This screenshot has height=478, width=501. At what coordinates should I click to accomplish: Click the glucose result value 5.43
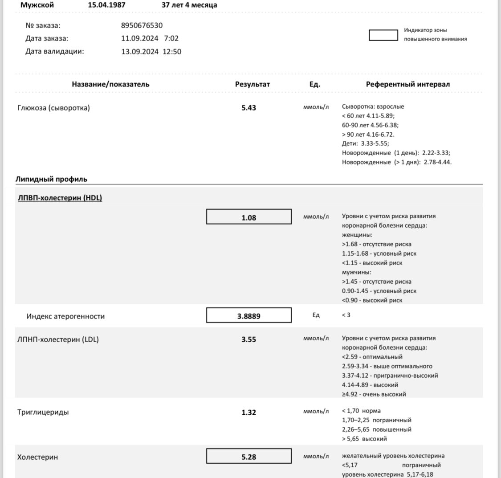[248, 108]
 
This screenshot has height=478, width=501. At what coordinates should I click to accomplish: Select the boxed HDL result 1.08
[248, 218]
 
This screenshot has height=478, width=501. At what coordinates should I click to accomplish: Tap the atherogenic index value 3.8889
[248, 316]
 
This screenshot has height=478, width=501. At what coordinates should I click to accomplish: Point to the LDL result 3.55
[248, 339]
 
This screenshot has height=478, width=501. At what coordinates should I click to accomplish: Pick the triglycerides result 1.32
[248, 413]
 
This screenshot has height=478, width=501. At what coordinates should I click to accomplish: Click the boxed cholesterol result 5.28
[248, 457]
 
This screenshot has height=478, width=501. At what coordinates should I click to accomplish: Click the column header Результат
[253, 84]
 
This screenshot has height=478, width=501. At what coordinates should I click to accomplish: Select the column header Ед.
[315, 84]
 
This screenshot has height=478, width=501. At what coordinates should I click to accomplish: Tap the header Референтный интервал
[407, 84]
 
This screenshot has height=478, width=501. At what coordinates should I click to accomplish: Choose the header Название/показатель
[110, 84]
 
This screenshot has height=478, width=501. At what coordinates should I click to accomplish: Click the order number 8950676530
[142, 25]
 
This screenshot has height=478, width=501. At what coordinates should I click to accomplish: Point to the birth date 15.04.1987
[106, 5]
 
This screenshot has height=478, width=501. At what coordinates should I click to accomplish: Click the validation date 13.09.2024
[140, 52]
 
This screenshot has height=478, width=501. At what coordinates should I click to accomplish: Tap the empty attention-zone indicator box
[383, 35]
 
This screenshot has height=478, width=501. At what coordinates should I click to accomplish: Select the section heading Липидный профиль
[52, 180]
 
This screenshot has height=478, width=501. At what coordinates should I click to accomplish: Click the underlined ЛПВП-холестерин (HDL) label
[60, 198]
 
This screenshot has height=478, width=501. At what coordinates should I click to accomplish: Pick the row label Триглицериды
[43, 413]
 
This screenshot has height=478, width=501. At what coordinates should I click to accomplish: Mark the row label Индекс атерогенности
[65, 316]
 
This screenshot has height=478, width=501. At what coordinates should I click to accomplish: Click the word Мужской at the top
[37, 5]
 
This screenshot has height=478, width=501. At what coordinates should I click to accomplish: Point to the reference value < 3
[346, 315]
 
